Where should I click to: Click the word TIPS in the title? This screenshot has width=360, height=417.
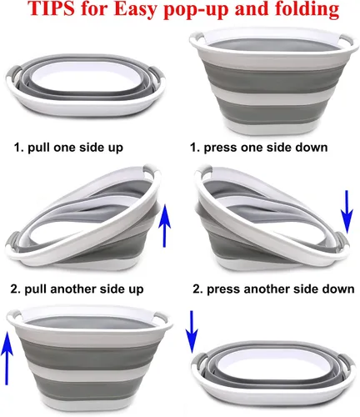point(51,8)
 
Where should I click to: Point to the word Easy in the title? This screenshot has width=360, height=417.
point(137,10)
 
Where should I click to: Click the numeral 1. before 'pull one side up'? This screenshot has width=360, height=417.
point(19,148)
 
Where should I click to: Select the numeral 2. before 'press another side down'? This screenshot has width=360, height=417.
point(198,289)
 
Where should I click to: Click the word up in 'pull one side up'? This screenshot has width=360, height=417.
point(116,148)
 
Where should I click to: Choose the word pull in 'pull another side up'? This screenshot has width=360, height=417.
point(36,289)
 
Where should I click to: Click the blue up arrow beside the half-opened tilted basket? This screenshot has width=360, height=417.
point(164,225)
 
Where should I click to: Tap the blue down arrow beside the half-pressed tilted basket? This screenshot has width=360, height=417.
point(347,212)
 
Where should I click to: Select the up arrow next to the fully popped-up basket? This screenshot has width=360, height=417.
point(7,359)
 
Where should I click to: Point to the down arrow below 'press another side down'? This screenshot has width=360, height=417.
point(192,332)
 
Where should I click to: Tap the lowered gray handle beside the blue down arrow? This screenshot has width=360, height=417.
point(341,240)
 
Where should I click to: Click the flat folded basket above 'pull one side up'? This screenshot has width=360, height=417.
point(86,85)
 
